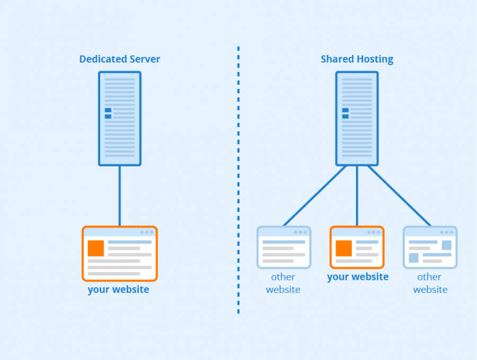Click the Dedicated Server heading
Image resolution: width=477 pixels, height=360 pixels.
(x=119, y=59)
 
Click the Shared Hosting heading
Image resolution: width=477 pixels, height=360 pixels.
(x=357, y=59)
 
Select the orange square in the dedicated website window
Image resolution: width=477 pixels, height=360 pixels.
(x=96, y=248)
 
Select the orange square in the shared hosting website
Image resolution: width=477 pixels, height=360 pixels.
(x=343, y=248)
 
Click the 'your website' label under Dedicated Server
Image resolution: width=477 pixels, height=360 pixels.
(x=118, y=289)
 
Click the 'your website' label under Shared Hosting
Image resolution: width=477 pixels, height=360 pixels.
(x=358, y=277)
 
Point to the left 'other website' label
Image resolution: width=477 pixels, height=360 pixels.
(x=283, y=283)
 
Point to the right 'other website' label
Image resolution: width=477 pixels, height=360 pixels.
(x=430, y=283)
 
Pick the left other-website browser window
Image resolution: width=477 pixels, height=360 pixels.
(x=284, y=248)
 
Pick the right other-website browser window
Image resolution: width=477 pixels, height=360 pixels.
(x=430, y=248)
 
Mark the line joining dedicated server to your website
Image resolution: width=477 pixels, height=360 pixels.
(x=119, y=196)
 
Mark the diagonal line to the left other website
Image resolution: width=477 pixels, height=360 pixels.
(x=315, y=196)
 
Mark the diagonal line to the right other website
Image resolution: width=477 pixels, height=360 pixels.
(x=399, y=196)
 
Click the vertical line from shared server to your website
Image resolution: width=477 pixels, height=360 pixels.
(x=357, y=196)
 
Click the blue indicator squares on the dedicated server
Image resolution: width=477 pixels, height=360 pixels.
(x=108, y=113)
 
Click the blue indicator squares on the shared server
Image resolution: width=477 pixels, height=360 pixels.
(x=346, y=113)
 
